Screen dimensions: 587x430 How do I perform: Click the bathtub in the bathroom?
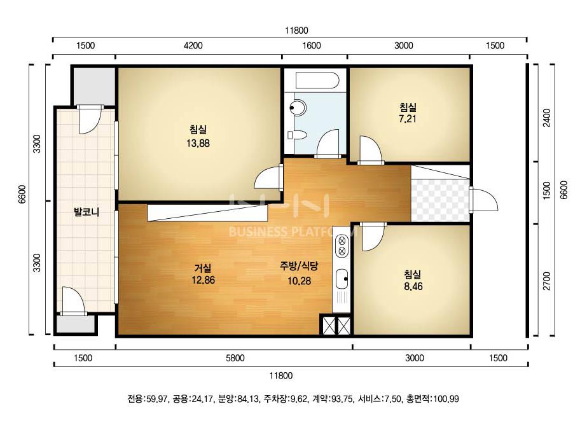click(317, 80)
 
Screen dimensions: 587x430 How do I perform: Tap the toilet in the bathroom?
click(297, 135)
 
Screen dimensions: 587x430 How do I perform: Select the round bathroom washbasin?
click(298, 108)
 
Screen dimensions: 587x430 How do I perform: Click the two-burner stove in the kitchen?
click(342, 246)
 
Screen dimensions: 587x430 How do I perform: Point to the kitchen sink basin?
click(342, 279)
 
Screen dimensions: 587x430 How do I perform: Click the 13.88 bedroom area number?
click(198, 143)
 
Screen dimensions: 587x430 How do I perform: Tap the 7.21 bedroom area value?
click(408, 119)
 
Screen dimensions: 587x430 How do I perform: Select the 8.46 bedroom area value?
click(413, 286)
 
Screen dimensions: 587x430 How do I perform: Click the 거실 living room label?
click(203, 268)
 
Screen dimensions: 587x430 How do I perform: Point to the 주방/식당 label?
click(299, 267)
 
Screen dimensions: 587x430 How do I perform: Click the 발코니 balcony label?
click(86, 212)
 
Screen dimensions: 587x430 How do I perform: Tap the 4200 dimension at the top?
click(193, 46)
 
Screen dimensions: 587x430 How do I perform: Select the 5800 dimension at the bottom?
click(235, 358)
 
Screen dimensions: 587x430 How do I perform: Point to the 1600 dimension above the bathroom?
click(312, 46)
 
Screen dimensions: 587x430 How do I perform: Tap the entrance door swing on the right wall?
click(484, 200)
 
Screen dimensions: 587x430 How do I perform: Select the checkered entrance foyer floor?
click(440, 200)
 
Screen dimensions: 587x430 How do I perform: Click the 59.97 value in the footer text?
click(156, 399)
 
